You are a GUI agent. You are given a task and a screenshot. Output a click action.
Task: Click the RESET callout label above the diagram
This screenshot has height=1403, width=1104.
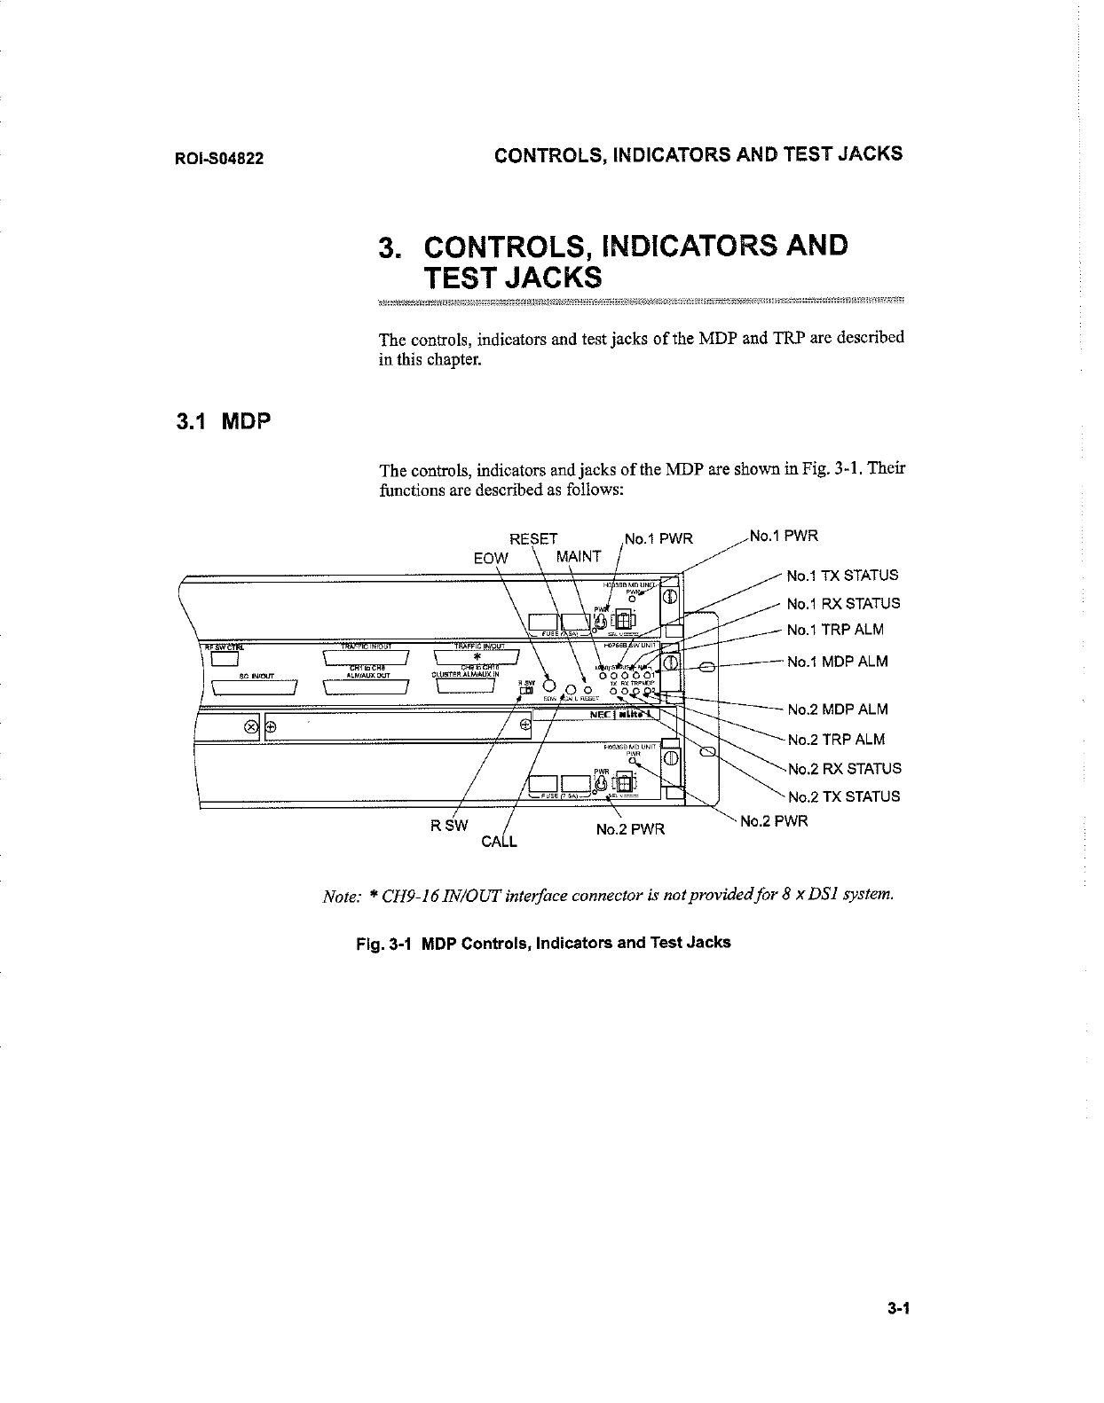tap(534, 538)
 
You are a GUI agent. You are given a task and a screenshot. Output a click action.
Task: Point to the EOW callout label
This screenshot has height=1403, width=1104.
tap(491, 559)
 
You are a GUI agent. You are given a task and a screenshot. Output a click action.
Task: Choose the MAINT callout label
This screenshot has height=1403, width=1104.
tap(578, 557)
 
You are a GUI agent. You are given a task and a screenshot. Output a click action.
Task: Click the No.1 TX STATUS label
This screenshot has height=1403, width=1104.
tap(842, 576)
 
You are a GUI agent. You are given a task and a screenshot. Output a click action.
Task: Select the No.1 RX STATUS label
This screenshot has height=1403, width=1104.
tap(843, 604)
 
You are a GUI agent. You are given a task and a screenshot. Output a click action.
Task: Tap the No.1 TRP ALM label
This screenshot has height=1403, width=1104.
tap(835, 631)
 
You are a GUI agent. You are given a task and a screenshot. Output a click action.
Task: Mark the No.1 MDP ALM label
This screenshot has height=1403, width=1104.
tap(837, 662)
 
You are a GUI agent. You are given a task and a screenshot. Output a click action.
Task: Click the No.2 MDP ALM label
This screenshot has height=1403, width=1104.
tap(837, 709)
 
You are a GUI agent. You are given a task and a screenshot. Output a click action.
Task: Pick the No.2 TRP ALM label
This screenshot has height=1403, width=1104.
tap(836, 740)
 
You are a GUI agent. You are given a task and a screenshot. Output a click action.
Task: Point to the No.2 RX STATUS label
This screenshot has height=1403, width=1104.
tap(844, 769)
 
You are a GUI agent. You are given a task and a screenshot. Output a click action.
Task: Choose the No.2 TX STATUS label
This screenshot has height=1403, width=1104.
tap(843, 796)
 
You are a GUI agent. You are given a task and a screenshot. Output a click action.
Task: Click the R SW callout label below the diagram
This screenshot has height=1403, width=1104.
tap(448, 826)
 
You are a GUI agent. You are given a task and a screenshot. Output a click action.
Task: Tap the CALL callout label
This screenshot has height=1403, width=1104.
tap(499, 841)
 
